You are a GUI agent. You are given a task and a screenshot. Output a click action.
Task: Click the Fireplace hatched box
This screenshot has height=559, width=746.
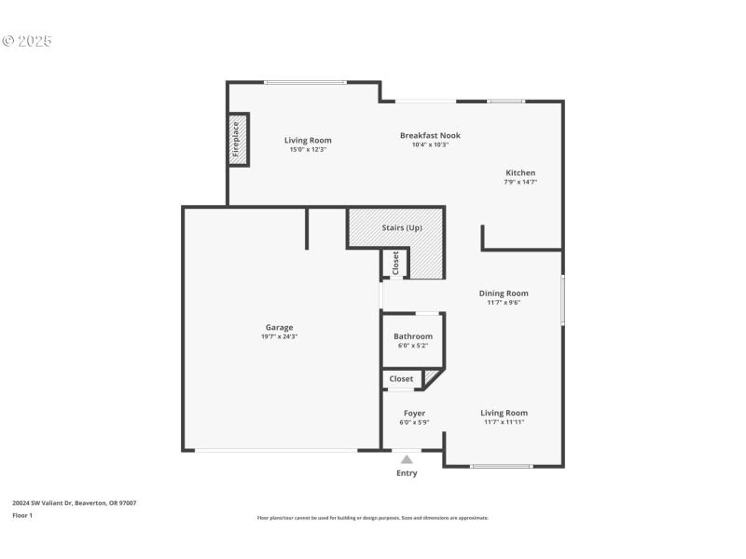239,140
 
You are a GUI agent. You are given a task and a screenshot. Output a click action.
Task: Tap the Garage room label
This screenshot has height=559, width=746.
279,327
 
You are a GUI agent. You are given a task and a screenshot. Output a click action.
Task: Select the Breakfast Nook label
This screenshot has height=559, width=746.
430,135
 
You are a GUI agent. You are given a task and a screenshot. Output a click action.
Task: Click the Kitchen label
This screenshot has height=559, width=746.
520,172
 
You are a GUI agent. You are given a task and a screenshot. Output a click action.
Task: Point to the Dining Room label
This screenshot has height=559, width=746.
504,293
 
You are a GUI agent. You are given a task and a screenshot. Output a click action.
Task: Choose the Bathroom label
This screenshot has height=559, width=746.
412,336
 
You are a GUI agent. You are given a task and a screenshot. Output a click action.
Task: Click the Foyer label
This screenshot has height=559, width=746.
414,413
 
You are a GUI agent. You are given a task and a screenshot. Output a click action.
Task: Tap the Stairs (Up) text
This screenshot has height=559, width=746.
402,227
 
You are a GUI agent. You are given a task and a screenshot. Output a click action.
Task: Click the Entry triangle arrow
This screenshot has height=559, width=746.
407,458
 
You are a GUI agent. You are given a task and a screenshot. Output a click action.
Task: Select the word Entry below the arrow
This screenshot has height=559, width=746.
407,473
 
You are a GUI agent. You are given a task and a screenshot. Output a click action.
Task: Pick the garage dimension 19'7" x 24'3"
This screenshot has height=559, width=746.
279,336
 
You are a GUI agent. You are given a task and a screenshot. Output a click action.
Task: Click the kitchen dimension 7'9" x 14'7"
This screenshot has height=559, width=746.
520,182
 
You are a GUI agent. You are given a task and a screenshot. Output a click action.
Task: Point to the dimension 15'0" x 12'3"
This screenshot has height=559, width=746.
308,149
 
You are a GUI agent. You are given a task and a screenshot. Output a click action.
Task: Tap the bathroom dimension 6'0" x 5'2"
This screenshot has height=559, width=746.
412,346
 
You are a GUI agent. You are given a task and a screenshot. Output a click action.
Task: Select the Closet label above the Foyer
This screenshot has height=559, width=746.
401,379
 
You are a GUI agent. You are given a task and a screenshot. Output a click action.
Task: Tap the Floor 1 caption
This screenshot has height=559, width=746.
22,515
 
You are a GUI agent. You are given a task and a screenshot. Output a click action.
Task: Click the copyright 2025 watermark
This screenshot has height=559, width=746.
27,41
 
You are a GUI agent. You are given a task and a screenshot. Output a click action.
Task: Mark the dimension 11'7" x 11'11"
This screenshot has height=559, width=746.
504,422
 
